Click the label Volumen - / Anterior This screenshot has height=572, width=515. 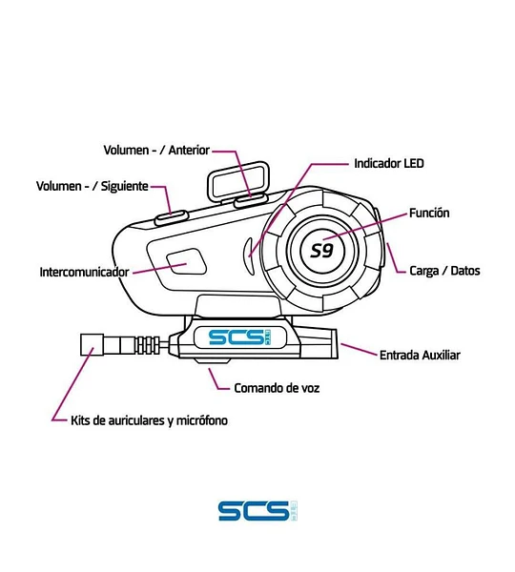click(156, 150)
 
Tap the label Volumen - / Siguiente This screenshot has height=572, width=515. click(93, 186)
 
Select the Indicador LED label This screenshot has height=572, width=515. click(389, 163)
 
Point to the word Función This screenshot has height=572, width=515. click(429, 213)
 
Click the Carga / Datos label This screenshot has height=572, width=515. click(444, 271)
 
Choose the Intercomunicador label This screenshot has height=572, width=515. click(84, 272)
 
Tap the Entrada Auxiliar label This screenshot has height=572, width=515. click(420, 355)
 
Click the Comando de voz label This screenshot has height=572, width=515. click(277, 388)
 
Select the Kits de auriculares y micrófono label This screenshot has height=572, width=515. click(149, 420)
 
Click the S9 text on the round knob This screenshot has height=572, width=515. click(322, 251)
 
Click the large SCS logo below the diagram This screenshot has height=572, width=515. click(257, 511)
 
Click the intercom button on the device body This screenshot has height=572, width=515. click(187, 261)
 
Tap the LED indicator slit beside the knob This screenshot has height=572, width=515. click(249, 255)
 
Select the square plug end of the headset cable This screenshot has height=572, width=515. click(92, 344)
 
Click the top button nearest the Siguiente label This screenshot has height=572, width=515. click(171, 217)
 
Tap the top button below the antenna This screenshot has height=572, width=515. click(251, 200)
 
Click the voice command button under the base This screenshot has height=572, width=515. click(212, 360)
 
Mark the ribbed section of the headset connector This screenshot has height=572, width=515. click(147, 345)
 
